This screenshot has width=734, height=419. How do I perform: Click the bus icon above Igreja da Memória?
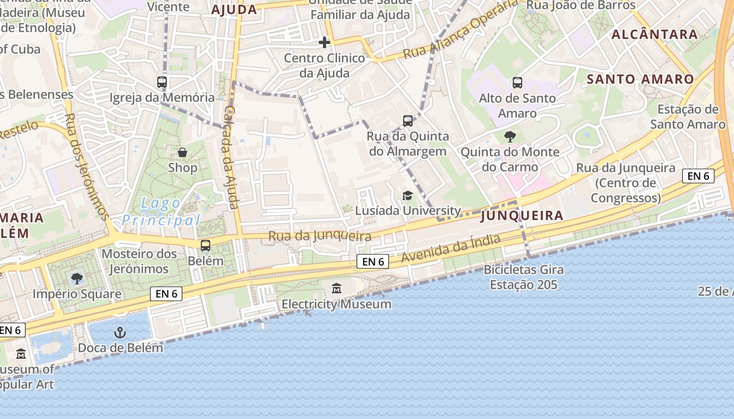(162, 82)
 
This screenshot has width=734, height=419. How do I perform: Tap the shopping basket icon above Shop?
(182, 152)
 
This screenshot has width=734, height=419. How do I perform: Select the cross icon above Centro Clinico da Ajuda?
(325, 42)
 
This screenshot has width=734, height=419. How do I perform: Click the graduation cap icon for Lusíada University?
(407, 195)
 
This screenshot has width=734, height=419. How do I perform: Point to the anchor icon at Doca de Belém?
(121, 333)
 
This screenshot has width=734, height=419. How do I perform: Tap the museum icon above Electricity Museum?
(337, 289)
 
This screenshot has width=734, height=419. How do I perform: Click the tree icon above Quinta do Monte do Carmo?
(510, 137)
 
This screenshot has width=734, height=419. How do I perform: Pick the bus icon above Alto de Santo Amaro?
(517, 83)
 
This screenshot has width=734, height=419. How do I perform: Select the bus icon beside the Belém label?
(206, 245)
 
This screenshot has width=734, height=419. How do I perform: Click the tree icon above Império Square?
(77, 278)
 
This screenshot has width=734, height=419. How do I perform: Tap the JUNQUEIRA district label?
(522, 215)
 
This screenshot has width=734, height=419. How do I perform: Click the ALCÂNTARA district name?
(655, 35)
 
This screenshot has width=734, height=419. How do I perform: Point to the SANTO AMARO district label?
(640, 79)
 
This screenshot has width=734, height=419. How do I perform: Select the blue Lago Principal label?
(161, 212)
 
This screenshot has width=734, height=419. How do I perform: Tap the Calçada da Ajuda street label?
(231, 157)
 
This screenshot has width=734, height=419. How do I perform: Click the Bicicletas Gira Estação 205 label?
(523, 278)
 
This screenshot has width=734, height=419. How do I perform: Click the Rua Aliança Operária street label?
(460, 30)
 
